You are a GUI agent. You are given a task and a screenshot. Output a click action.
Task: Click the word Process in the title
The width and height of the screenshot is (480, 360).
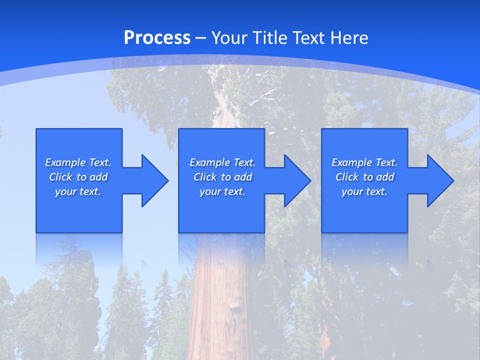(x=157, y=38)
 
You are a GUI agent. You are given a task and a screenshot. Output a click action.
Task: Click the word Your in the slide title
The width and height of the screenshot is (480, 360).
(x=230, y=38)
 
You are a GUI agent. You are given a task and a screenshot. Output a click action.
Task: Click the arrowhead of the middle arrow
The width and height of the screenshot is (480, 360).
(x=297, y=180)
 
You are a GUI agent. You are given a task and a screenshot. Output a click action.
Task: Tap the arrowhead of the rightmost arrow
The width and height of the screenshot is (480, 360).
(x=440, y=180)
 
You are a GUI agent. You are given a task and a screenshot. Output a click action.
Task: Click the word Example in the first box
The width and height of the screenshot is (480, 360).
(x=65, y=162)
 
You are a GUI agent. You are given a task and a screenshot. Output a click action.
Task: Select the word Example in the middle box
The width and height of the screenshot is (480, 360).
(x=209, y=162)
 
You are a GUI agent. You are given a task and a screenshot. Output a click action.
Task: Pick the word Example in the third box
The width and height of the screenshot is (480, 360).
(x=351, y=162)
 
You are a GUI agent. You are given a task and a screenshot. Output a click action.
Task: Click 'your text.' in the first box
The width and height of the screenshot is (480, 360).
(x=78, y=191)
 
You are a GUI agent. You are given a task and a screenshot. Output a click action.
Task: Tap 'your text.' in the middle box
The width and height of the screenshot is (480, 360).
(x=222, y=191)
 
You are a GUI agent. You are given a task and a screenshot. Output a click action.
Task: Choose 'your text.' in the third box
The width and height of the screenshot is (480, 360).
(x=364, y=191)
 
